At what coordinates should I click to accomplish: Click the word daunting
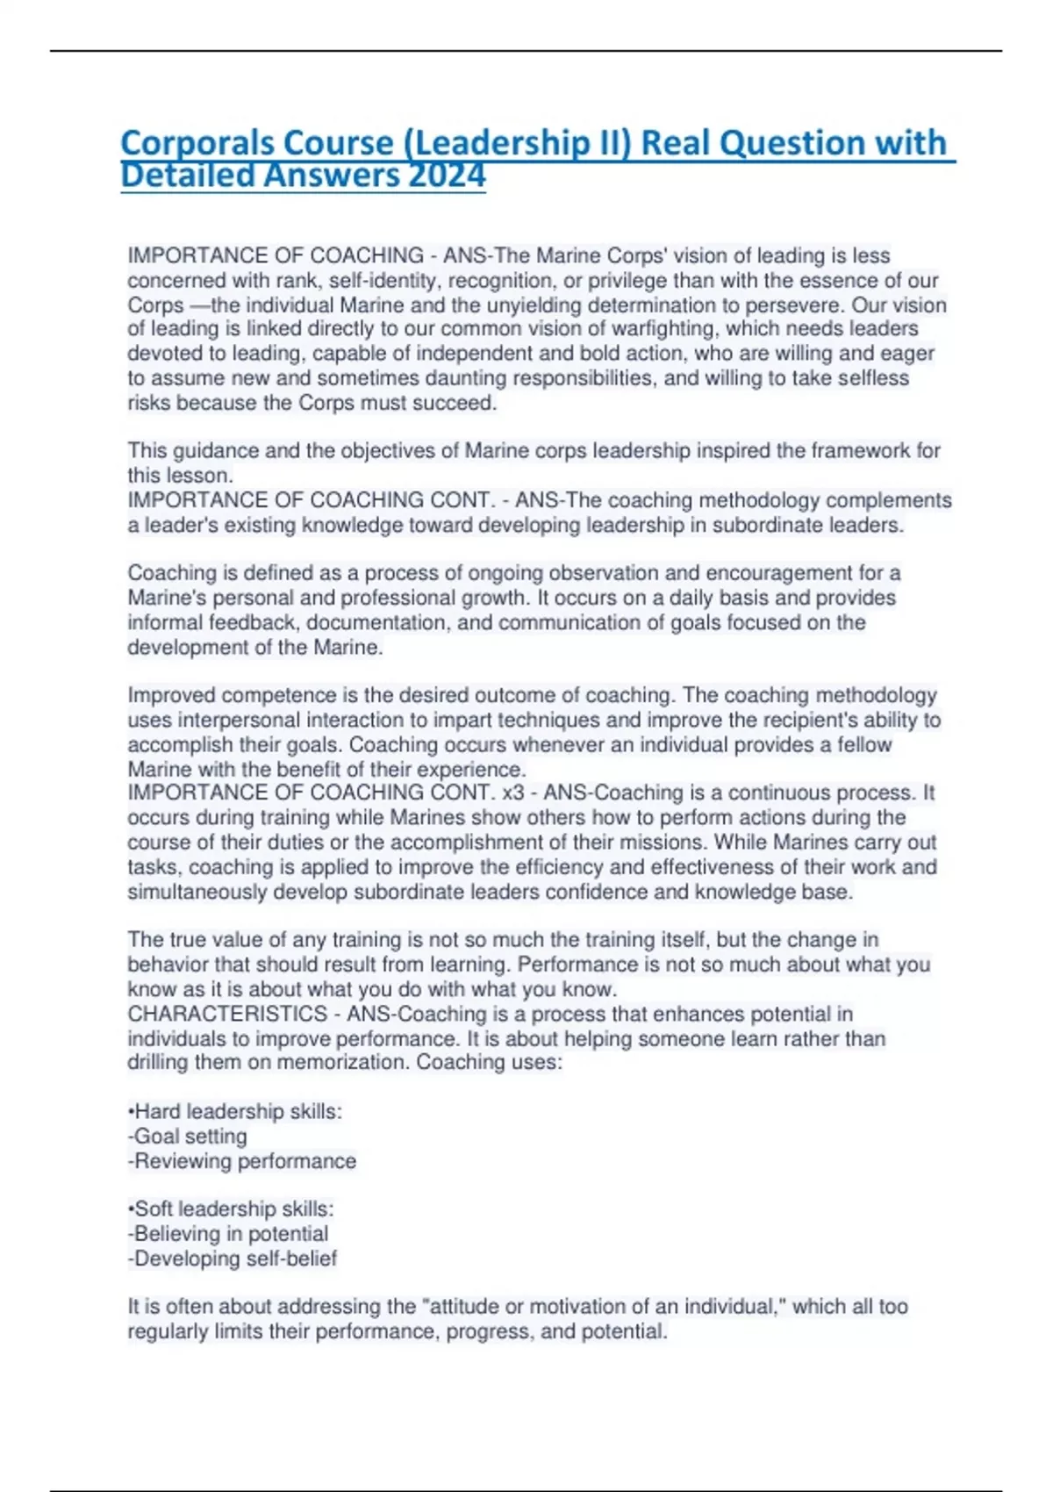pos(465,378)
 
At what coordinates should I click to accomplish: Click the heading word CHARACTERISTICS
pos(227,1015)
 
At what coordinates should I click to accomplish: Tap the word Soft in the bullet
pos(154,1209)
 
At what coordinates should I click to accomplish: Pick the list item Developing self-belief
pos(234,1259)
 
